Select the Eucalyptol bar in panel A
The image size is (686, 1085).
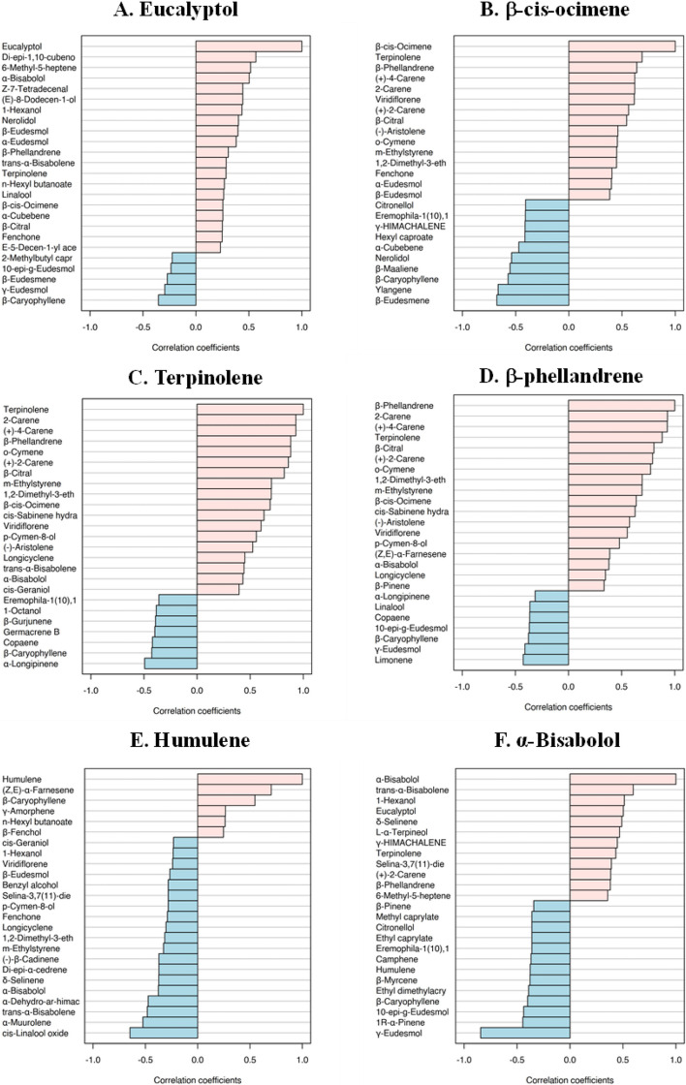[x=248, y=46]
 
